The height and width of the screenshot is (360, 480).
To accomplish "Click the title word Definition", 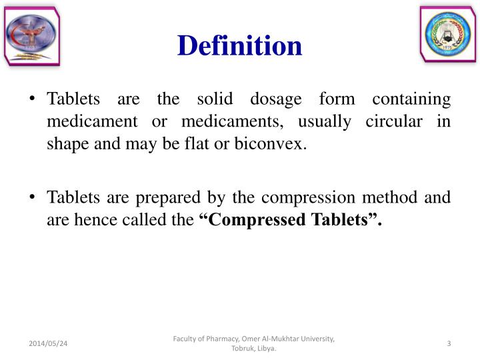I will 239,46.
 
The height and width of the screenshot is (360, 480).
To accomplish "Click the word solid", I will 213,100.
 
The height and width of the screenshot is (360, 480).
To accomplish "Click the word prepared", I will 161,198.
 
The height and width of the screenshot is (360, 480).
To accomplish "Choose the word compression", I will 304,198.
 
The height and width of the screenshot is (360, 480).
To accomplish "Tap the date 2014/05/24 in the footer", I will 49,343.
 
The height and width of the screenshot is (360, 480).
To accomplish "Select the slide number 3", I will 449,343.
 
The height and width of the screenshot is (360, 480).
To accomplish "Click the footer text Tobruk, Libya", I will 253,349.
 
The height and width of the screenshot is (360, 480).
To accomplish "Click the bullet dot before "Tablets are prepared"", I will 33,198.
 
